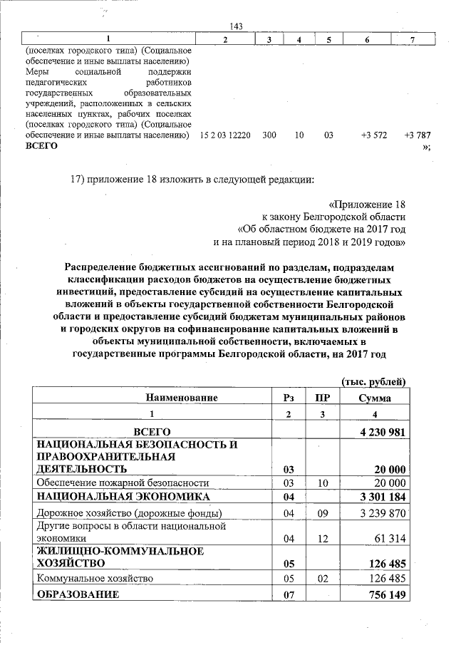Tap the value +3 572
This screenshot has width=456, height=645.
[373, 135]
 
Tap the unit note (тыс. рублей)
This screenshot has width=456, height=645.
[374, 382]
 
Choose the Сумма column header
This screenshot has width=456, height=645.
[374, 398]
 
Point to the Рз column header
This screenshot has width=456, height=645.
[289, 398]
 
